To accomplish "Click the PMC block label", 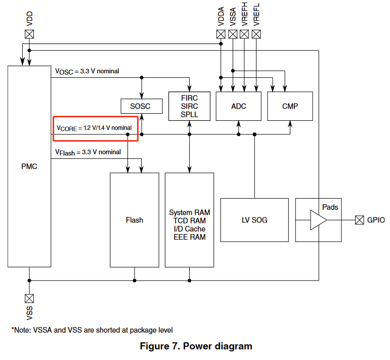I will click(29, 166).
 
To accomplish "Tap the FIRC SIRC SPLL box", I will click(189, 106).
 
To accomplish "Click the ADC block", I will click(238, 106).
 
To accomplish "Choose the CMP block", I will click(290, 106).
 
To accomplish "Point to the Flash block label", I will click(134, 220).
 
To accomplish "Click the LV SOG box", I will click(254, 220).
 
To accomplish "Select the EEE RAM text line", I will click(189, 237).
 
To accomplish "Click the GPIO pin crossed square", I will click(359, 220).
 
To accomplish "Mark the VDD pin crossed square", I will click(30, 34).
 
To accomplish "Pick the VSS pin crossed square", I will click(30, 298).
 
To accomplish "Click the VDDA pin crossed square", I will click(221, 34).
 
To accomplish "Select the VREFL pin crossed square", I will click(257, 34).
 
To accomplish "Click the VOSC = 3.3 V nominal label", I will click(87, 71).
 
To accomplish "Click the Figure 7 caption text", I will click(196, 346).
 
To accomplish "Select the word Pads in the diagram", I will click(330, 207).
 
